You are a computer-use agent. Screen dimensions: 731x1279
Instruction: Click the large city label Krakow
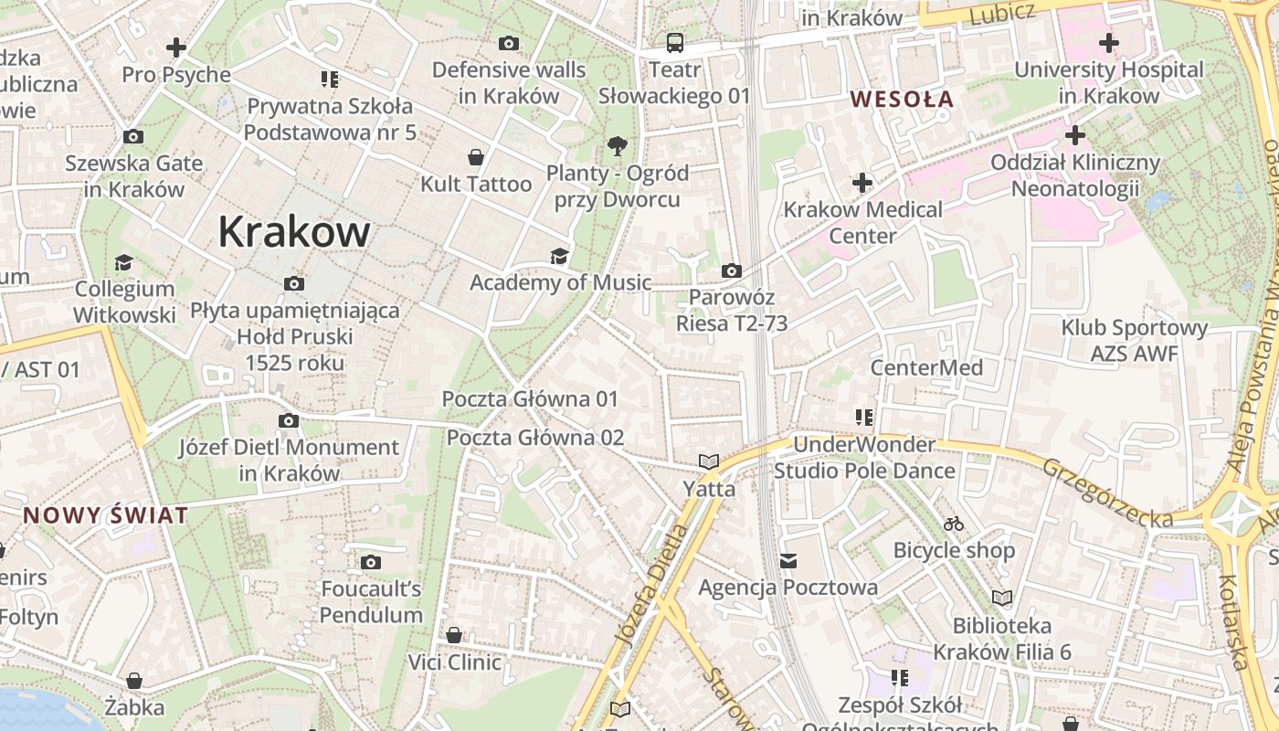pos(294,232)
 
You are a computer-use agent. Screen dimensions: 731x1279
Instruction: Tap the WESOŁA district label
pos(902,99)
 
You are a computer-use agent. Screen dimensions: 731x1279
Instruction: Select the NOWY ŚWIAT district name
pos(106,514)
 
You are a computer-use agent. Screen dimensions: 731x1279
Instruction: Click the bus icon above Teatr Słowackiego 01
pos(674,42)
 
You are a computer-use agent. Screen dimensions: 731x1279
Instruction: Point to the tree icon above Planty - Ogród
pos(618,145)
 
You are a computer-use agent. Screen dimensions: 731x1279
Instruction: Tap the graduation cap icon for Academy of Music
pos(559,256)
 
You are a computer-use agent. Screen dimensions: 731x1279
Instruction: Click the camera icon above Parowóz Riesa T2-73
pos(731,270)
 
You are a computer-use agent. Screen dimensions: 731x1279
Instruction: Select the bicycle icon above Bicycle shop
pos(954,524)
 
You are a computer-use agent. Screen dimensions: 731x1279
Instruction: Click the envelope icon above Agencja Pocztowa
pos(787,560)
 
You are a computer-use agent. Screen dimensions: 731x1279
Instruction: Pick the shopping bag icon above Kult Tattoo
pos(475,157)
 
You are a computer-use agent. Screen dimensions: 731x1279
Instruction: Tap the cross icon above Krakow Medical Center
pos(861,183)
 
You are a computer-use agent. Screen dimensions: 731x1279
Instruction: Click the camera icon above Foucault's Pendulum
pos(371,562)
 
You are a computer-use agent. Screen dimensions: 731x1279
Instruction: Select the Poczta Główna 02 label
pos(534,438)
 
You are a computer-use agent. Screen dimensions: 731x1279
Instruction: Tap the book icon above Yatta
pos(709,461)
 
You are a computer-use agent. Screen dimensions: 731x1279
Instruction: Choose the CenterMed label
pos(926,367)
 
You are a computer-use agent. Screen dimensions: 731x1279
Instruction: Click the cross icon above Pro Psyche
pos(176,47)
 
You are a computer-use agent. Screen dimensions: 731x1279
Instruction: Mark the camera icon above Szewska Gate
pos(133,137)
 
